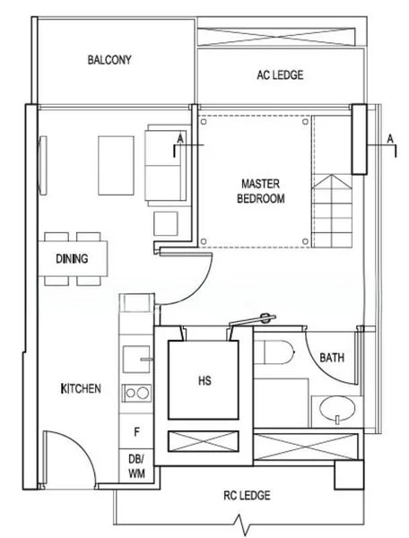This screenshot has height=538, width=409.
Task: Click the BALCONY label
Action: [x=109, y=61]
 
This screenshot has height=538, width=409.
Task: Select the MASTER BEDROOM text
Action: [x=260, y=191]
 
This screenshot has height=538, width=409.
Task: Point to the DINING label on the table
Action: [x=72, y=260]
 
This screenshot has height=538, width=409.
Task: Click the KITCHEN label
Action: [x=80, y=389]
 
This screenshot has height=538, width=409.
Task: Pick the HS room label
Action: [x=204, y=380]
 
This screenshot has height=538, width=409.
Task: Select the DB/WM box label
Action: [x=135, y=464]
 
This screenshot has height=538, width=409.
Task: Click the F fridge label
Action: [x=135, y=432]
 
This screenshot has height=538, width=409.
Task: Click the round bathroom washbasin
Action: [x=336, y=411]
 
